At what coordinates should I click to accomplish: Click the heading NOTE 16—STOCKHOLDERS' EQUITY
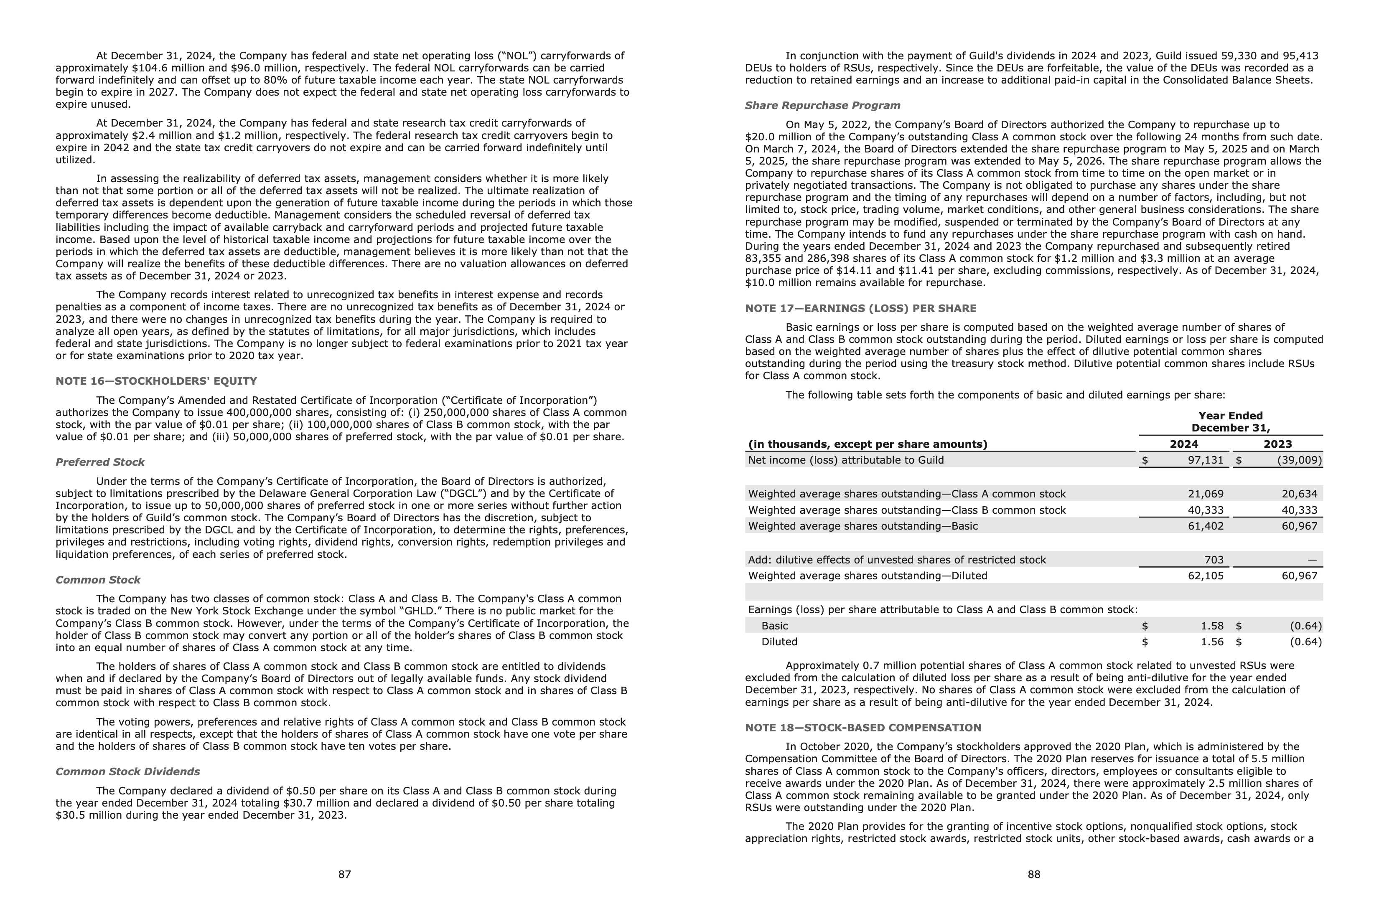pos(156,381)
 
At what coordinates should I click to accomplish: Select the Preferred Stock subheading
pos(99,462)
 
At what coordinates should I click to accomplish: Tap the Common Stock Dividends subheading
pos(127,771)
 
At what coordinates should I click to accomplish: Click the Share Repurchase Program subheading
pos(822,105)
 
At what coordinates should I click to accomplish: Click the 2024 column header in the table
pos(1184,444)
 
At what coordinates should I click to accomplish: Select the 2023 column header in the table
pos(1277,444)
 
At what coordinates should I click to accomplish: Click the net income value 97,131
pos(1205,460)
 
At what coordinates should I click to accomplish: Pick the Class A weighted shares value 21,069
pos(1205,494)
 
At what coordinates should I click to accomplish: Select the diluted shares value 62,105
pos(1205,576)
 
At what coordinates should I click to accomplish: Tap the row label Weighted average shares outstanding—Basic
pos(863,526)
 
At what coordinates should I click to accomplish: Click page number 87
pos(345,874)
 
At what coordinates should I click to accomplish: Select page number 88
pos(1034,874)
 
